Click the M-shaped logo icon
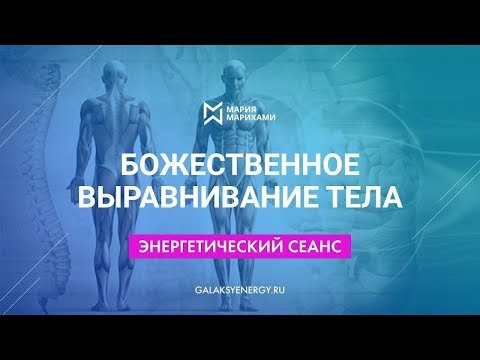coord(211,113)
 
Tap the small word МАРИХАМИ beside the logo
coord(251,120)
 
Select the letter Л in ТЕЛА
coord(375,199)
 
